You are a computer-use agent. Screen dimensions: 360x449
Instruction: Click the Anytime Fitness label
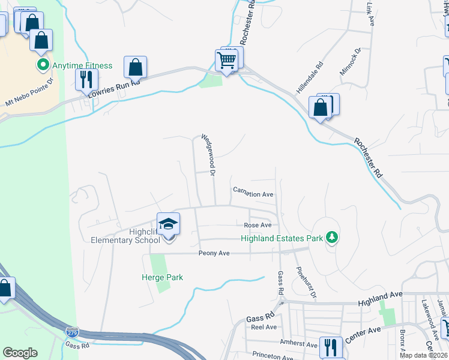click(83, 65)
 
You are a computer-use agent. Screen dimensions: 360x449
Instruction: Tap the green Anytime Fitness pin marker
click(43, 65)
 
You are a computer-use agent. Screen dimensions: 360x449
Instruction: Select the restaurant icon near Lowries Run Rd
click(86, 79)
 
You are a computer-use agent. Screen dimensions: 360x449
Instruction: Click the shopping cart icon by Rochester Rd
click(226, 60)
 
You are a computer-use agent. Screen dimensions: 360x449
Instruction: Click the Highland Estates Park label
click(282, 238)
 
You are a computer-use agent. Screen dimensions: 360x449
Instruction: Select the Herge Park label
click(162, 277)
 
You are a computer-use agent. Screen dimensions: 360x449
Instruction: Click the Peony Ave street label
click(214, 254)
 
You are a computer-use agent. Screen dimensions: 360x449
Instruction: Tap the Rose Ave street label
click(258, 225)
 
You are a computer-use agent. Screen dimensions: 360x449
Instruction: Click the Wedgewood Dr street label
click(208, 155)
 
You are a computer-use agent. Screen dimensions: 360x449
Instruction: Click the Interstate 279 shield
click(71, 331)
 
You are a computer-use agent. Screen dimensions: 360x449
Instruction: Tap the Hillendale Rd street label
click(310, 77)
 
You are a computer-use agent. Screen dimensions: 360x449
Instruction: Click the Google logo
click(20, 353)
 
